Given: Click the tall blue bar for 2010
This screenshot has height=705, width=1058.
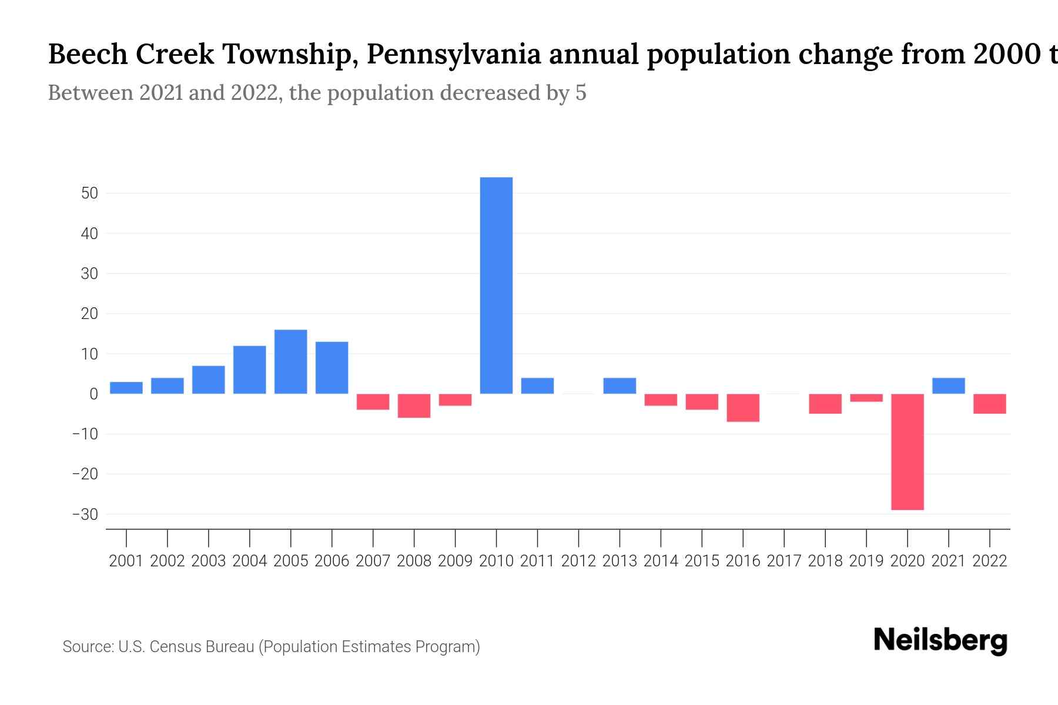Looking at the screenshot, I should click(496, 286).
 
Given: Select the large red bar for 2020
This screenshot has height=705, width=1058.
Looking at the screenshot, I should click(907, 452).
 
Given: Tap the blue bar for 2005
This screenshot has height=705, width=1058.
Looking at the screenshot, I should click(290, 362).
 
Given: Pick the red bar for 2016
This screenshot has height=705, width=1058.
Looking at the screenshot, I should click(743, 408).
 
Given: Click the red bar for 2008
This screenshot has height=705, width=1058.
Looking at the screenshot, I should click(414, 406).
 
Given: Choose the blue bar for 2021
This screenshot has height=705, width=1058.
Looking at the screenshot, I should click(948, 386).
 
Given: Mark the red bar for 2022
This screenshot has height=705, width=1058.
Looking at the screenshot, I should click(989, 404).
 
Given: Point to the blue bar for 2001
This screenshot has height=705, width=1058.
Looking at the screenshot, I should click(126, 388).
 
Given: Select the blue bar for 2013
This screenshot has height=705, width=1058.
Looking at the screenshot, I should click(620, 386).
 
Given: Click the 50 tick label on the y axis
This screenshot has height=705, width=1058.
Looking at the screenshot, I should click(89, 193).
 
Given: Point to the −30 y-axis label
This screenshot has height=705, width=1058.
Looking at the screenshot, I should click(85, 515).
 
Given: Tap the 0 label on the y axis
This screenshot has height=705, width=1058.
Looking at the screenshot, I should click(93, 394).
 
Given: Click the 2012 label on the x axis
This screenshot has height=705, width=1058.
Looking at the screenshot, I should click(578, 561).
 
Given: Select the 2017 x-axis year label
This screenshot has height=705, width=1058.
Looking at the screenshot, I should click(784, 561).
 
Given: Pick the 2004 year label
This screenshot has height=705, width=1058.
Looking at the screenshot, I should click(249, 561).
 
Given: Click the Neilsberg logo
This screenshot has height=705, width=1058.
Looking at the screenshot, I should click(940, 641).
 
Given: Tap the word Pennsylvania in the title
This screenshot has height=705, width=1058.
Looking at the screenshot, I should click(458, 55).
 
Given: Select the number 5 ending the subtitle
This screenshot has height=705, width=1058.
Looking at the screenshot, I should click(581, 93).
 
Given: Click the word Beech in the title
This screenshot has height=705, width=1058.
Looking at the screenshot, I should click(88, 55).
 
